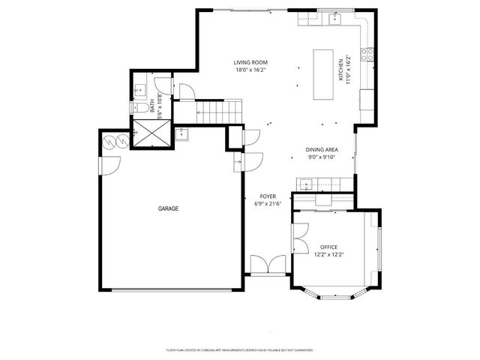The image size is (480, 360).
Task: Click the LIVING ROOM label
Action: pyautogui.click(x=250, y=62)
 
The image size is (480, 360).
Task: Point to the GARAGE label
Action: pyautogui.click(x=168, y=208)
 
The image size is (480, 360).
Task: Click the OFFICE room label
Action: pyautogui.click(x=328, y=247)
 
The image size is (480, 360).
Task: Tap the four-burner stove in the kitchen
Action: pyautogui.click(x=367, y=54)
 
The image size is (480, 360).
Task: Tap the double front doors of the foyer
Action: pyautogui.click(x=267, y=264)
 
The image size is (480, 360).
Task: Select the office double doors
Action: pyautogui.click(x=301, y=236)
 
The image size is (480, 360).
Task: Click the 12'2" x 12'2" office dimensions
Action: pyautogui.click(x=328, y=254)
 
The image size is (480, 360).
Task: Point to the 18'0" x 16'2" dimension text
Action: pyautogui.click(x=250, y=70)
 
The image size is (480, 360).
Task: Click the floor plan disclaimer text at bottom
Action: pyautogui.click(x=240, y=350)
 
